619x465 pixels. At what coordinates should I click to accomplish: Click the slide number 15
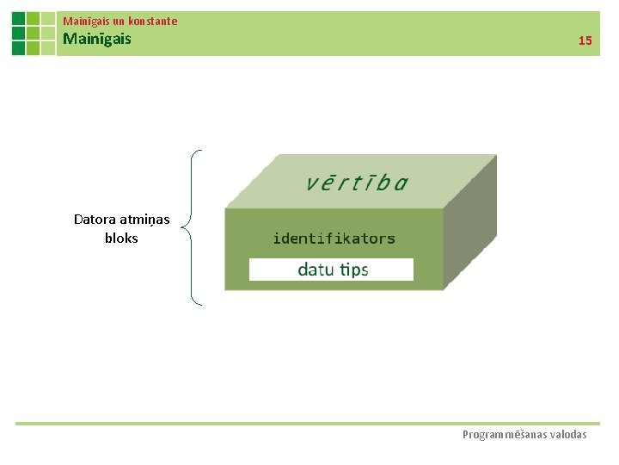click(x=585, y=40)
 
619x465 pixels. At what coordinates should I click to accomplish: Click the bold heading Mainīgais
click(x=97, y=39)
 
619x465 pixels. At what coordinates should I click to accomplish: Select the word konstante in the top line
click(x=153, y=21)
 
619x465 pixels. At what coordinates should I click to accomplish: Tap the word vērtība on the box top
click(x=357, y=183)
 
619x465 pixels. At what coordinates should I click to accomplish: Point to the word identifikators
click(x=334, y=239)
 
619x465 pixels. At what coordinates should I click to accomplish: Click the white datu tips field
click(x=331, y=270)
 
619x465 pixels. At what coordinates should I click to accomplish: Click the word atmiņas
click(x=145, y=220)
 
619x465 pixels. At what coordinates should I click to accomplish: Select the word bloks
click(x=121, y=239)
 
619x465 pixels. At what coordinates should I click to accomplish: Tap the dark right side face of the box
click(x=470, y=224)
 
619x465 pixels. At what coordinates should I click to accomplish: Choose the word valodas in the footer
click(x=568, y=435)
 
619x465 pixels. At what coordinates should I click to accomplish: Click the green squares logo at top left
click(x=33, y=34)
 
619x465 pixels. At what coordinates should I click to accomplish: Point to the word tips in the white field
click(x=353, y=270)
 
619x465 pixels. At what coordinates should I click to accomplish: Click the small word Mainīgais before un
click(x=87, y=21)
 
